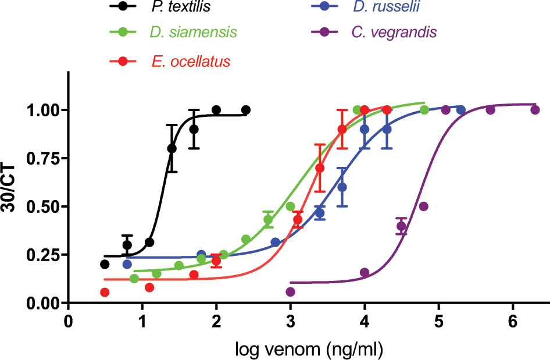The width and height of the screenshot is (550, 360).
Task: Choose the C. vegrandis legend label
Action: (394, 32)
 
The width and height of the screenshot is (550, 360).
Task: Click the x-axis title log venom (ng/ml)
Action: (309, 349)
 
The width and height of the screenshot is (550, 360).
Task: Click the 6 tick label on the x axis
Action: (513, 321)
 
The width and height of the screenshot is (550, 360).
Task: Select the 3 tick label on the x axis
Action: (291, 321)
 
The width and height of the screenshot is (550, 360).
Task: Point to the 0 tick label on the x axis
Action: (69, 321)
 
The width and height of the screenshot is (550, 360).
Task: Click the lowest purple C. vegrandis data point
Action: (291, 291)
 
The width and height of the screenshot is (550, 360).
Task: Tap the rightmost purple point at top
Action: (535, 109)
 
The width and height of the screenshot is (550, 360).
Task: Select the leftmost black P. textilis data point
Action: (105, 264)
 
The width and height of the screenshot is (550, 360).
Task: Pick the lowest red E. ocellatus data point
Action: (105, 292)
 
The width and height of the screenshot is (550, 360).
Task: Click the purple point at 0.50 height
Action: (424, 206)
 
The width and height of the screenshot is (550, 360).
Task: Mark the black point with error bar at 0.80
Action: (172, 148)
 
